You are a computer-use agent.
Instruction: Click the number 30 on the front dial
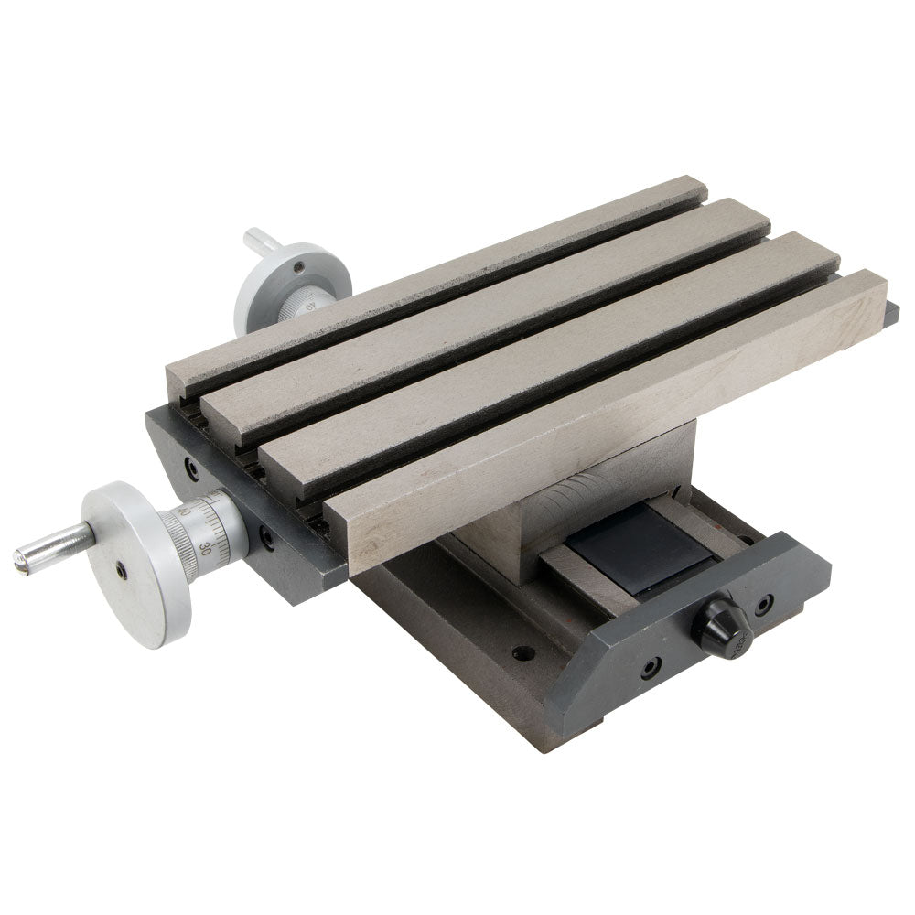coord(205,549)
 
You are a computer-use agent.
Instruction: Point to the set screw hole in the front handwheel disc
coord(121,571)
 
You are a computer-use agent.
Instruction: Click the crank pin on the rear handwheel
coord(260,242)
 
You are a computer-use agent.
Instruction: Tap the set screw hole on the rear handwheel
coord(299,267)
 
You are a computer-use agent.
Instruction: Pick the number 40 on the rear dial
coord(311,305)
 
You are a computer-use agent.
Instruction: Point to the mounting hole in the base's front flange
coord(522,653)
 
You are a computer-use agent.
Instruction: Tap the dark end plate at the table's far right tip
coord(891,316)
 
